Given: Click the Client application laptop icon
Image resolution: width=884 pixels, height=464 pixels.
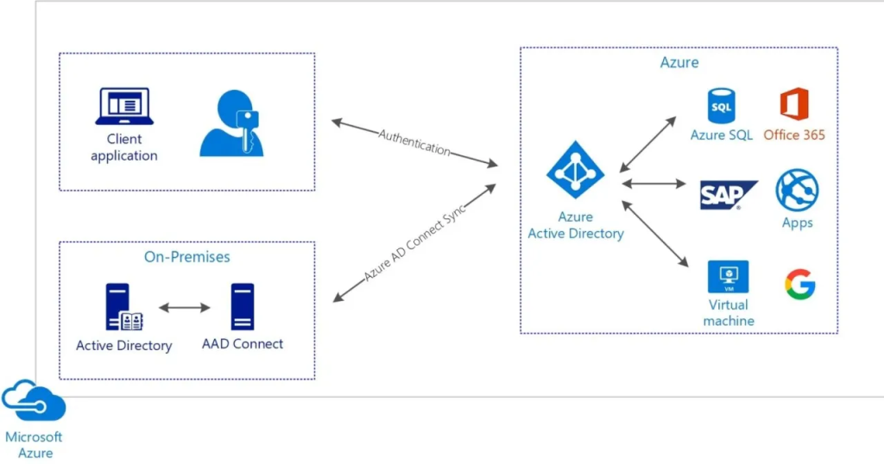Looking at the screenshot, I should [x=123, y=107].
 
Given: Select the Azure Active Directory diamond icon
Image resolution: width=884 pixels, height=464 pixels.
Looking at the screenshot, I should [x=575, y=170].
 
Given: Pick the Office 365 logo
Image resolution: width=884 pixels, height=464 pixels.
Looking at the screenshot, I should [x=793, y=104].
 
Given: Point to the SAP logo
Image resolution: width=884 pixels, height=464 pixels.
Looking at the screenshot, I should [x=728, y=195].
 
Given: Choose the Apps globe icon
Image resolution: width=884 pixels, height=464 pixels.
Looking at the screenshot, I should [x=797, y=190].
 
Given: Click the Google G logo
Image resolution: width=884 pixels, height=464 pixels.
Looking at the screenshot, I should [x=800, y=285].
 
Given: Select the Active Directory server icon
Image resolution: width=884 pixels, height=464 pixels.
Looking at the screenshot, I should [x=123, y=308].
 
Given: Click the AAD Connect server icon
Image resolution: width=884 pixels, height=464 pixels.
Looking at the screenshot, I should [x=243, y=307].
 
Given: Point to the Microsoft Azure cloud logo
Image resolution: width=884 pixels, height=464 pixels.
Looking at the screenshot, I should [x=33, y=401].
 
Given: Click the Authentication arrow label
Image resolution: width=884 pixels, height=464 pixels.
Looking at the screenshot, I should [x=414, y=141].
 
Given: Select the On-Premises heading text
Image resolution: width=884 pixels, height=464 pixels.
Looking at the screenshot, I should [x=187, y=257].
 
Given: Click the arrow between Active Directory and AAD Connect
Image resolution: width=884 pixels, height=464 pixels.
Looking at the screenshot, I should [x=185, y=307].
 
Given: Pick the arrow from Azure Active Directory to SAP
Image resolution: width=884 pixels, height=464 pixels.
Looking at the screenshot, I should [x=654, y=184].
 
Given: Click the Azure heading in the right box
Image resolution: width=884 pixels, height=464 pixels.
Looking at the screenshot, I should [x=679, y=62].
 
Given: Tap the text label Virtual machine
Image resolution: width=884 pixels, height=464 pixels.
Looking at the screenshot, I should [x=729, y=313].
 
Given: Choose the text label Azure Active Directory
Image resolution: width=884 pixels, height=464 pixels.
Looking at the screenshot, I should [x=576, y=225].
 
